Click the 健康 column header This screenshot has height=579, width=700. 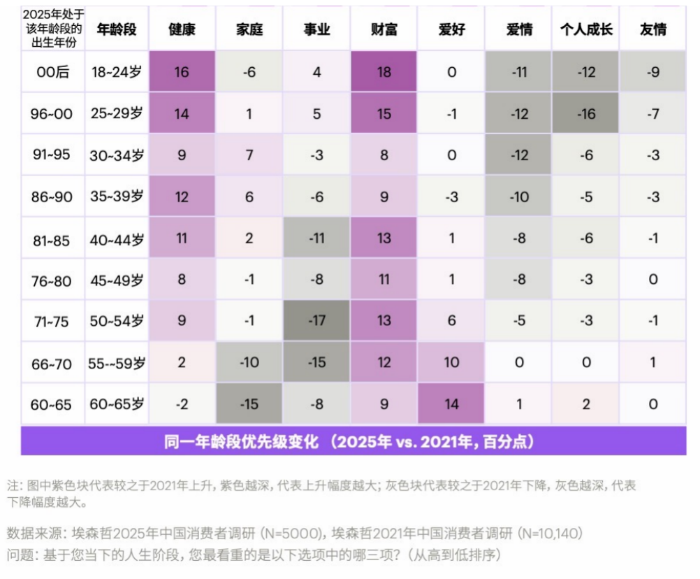[x=182, y=29]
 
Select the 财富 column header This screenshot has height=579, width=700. [x=384, y=29]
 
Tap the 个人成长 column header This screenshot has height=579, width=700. [x=586, y=29]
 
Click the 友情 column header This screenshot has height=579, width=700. [x=653, y=29]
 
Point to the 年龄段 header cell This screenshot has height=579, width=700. [x=116, y=29]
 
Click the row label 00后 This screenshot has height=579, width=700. [x=52, y=72]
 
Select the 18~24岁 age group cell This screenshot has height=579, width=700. [x=116, y=72]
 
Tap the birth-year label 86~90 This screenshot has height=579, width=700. [x=52, y=196]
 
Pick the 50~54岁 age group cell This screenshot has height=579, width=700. [x=116, y=321]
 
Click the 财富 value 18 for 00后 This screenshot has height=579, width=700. [x=384, y=72]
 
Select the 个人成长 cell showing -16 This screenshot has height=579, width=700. [x=586, y=113]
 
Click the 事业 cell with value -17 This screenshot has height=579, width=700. [x=316, y=321]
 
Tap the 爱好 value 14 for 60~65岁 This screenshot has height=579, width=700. [x=451, y=403]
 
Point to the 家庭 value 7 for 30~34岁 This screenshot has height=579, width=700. [x=249, y=155]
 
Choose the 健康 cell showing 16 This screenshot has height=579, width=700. [x=182, y=72]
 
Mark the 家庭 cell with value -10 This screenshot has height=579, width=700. [x=249, y=362]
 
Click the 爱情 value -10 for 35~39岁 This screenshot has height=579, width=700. [x=519, y=196]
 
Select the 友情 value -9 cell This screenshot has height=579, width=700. [x=653, y=72]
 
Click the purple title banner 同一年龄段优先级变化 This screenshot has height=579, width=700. [x=353, y=442]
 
